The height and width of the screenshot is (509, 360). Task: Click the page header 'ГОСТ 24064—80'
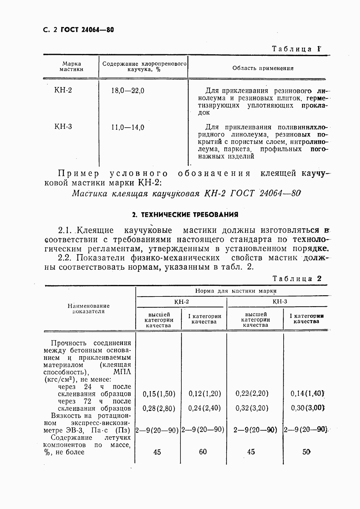pyautogui.click(x=87, y=30)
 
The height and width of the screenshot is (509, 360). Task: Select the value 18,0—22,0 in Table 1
pyautogui.click(x=128, y=90)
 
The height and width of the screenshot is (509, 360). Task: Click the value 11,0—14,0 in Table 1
pyautogui.click(x=128, y=127)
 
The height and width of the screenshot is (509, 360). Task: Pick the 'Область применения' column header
pyautogui.click(x=263, y=68)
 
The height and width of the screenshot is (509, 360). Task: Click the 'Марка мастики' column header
pyautogui.click(x=72, y=66)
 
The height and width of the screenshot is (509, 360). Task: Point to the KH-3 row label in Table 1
pyautogui.click(x=63, y=127)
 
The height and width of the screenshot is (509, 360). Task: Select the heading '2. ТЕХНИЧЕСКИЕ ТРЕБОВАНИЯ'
pyautogui.click(x=185, y=215)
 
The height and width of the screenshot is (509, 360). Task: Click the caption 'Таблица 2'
pyautogui.click(x=297, y=279)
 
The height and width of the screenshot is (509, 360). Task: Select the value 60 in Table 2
pyautogui.click(x=203, y=452)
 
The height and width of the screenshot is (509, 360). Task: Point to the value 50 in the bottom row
pyautogui.click(x=306, y=452)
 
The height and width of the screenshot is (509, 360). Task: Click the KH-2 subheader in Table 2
pyautogui.click(x=181, y=302)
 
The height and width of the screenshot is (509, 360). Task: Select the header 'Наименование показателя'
pyautogui.click(x=89, y=309)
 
